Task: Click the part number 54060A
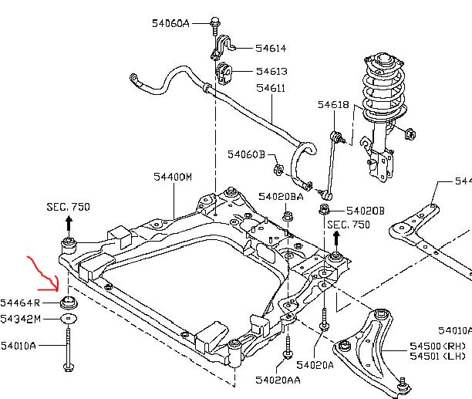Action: pos(170,23)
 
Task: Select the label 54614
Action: pos(271,48)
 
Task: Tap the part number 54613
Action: pos(271,71)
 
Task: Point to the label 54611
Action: pos(270,88)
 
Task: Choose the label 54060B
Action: pos(246,154)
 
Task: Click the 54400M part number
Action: pos(173,177)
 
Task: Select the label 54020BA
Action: pos(281,197)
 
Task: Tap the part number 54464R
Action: pos(20,303)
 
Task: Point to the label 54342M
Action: pos(20,319)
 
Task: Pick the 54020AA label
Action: pos(278,380)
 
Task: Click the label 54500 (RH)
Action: pos(437,346)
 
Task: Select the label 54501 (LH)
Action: pos(437,357)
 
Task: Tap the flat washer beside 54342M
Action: pos(69,318)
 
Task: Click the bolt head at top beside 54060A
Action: pos(215,22)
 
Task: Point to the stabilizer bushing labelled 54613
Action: pos(224,73)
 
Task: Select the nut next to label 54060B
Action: pos(278,169)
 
